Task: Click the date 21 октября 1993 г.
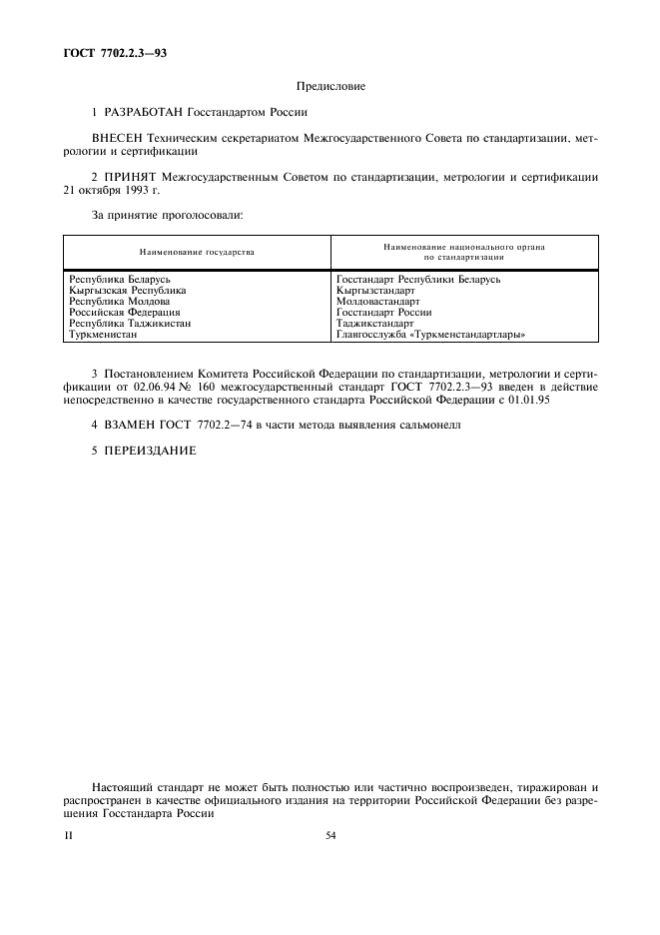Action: (105, 190)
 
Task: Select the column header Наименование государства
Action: (197, 252)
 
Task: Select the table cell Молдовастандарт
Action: (378, 302)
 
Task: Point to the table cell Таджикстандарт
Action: (375, 324)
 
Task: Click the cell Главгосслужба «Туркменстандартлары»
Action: (431, 335)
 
